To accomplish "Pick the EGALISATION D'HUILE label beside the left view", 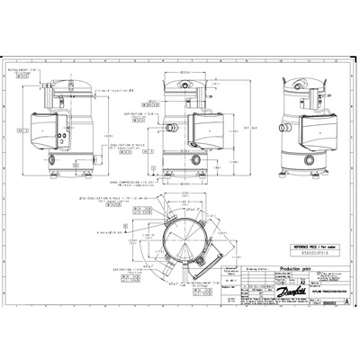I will [131, 143].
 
